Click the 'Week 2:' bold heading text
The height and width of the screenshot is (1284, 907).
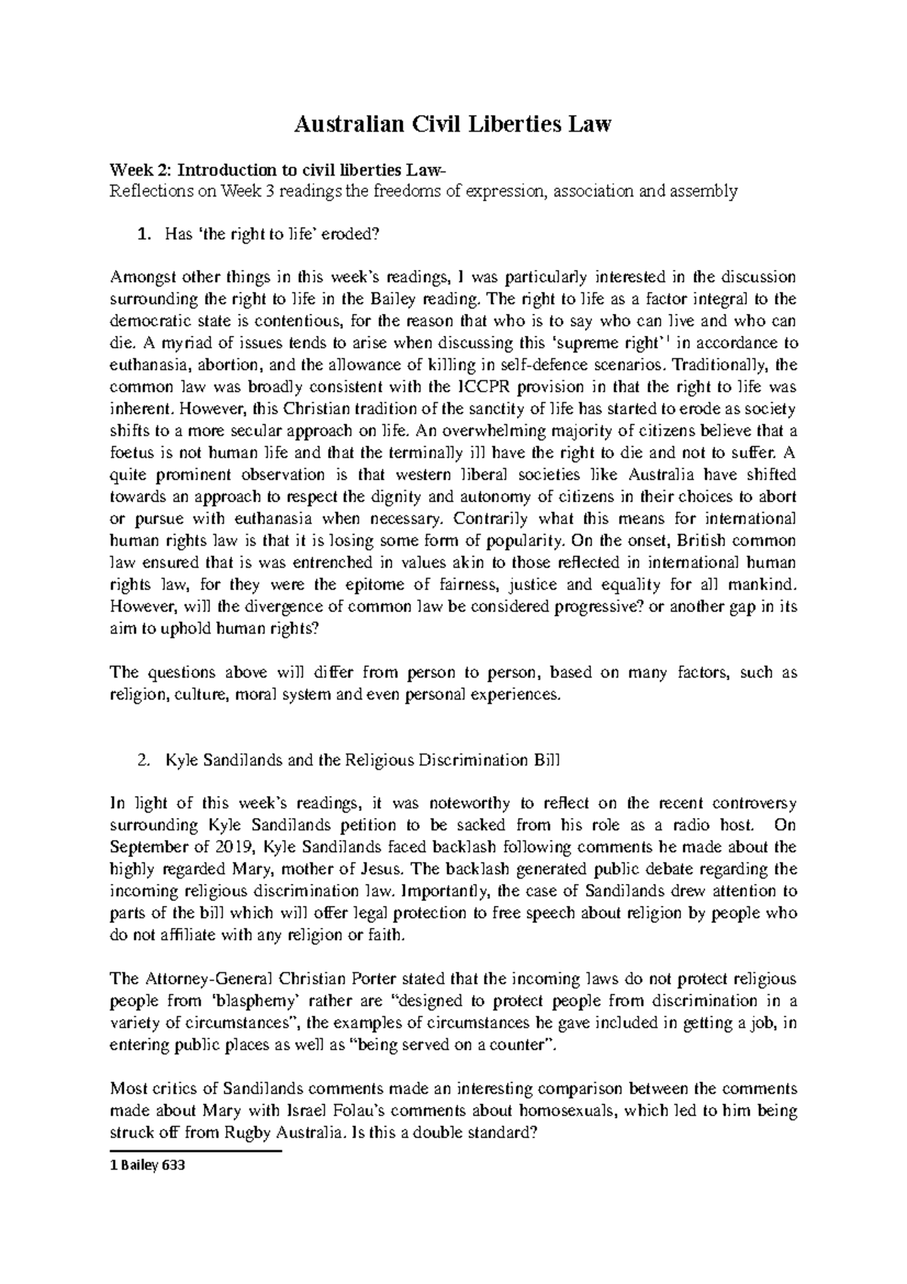point(136,169)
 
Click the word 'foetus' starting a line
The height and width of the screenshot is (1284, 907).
point(129,454)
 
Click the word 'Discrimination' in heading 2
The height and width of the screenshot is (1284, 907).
point(462,761)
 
